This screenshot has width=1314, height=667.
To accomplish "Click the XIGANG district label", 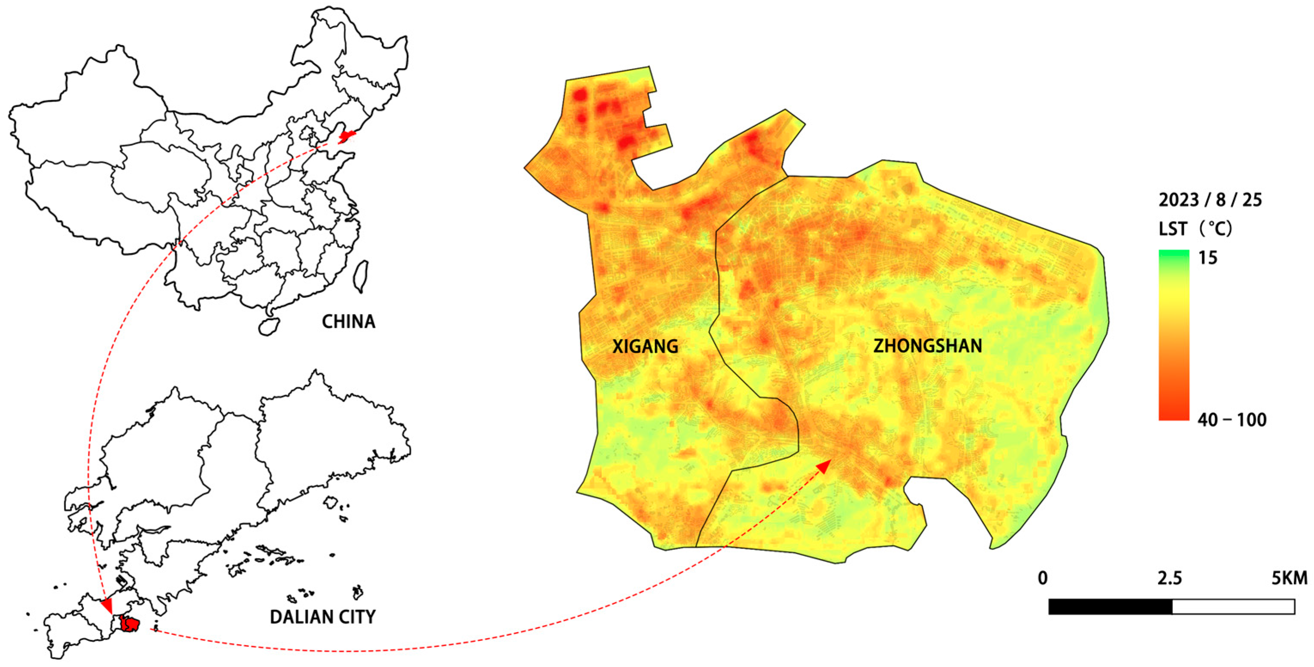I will [x=645, y=347].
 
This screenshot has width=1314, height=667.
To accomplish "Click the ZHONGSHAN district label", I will [x=927, y=346].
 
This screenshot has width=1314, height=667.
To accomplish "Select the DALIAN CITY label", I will [x=322, y=617].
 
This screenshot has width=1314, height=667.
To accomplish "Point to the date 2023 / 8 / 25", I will [x=1210, y=200].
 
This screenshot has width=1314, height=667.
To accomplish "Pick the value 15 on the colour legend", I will [x=1208, y=258].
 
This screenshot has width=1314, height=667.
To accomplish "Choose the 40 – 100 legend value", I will [x=1231, y=420].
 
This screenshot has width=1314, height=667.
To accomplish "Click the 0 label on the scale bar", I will [x=1043, y=578].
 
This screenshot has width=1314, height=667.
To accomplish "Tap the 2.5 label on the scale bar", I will [x=1169, y=578].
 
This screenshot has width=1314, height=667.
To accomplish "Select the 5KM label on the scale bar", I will [x=1289, y=578].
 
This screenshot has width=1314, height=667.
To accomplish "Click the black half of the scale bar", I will [x=1110, y=607].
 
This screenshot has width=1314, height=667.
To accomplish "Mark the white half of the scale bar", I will [x=1233, y=607].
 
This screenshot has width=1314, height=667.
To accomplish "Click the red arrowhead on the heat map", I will [x=824, y=466].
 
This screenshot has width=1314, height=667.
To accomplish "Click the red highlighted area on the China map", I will [x=346, y=136].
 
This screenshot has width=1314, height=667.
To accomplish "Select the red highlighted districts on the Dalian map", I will [x=129, y=624].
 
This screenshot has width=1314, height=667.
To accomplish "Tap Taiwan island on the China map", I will [x=361, y=276].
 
